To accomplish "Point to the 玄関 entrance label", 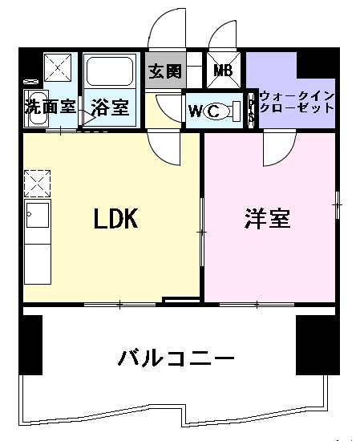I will pos(164,70).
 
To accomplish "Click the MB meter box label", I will pos(223,70).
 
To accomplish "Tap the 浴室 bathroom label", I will pos(109,105).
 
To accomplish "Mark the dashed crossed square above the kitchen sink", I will pos(37,184).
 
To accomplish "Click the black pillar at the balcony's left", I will pos(30,345).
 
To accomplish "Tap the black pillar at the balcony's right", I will pos(310,345).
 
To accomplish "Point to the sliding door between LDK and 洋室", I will pos(201,233).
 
